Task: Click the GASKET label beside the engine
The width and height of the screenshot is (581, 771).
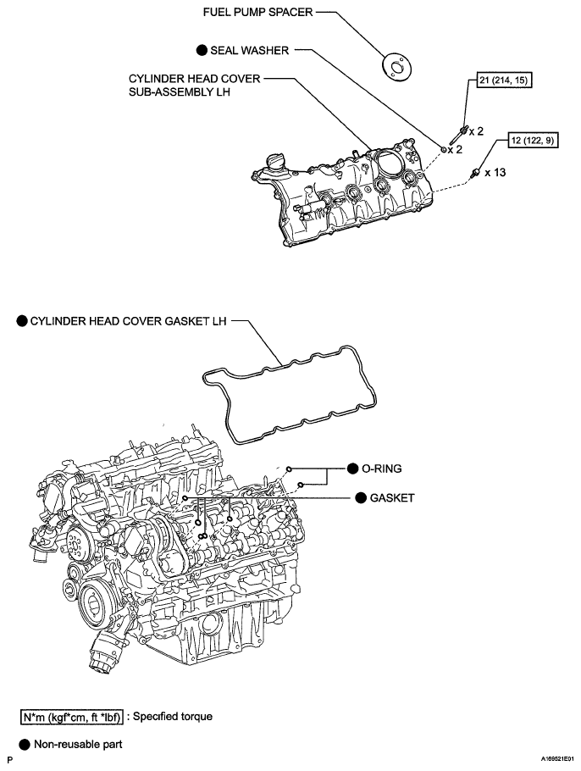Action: [392, 497]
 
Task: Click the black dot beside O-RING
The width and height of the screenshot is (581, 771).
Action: [354, 468]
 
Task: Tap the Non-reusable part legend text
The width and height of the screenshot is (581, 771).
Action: [84, 744]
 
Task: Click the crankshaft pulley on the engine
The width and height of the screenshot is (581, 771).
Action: [93, 607]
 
